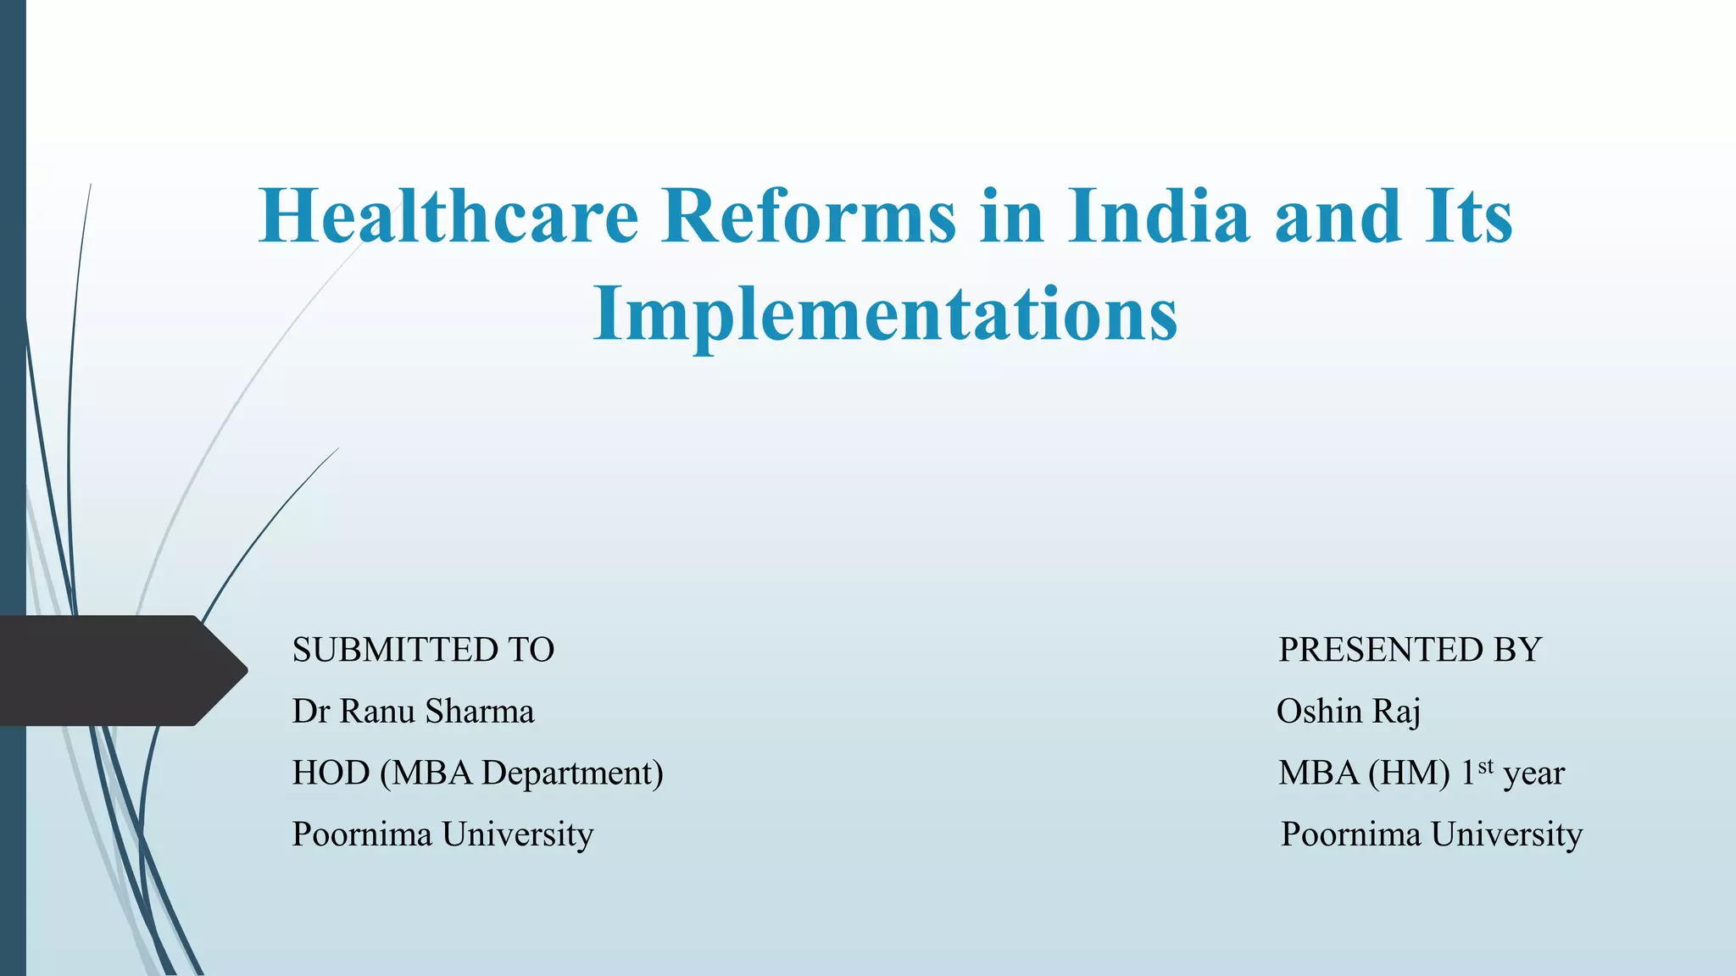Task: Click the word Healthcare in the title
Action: tap(448, 216)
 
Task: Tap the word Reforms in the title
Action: tap(810, 216)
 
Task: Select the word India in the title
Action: tap(1159, 216)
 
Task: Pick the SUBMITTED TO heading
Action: tap(423, 650)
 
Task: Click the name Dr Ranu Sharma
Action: tap(413, 712)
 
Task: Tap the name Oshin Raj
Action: tap(1348, 712)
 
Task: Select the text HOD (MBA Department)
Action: tap(477, 773)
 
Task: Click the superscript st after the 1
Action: tap(1485, 766)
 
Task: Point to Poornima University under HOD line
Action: tap(442, 835)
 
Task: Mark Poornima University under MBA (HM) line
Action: tap(1431, 835)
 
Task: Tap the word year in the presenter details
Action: tap(1533, 774)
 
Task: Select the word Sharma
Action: tap(480, 712)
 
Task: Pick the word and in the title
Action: tap(1338, 216)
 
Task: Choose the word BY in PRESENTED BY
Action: tap(1517, 650)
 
